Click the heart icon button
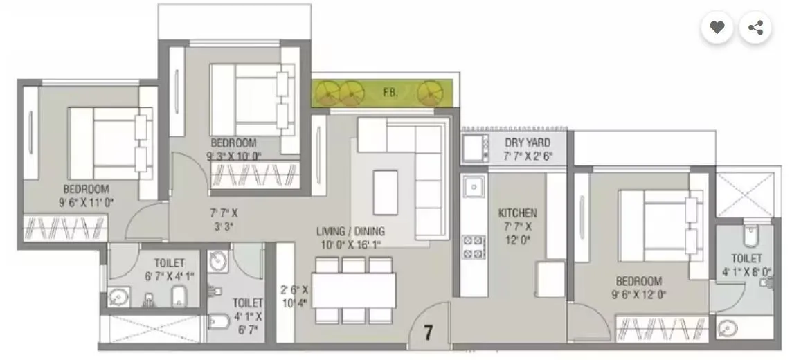[717, 28]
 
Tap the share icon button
[755, 28]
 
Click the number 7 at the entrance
[428, 332]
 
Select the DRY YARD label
[528, 143]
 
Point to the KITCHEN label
[517, 213]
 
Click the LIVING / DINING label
[350, 231]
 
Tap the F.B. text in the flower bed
[390, 91]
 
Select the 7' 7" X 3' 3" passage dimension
[223, 219]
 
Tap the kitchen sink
[474, 188]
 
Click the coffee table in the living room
[386, 188]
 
